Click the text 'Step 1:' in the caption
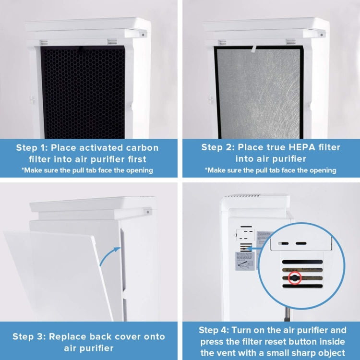32,147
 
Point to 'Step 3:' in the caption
28,336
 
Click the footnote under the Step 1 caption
87,170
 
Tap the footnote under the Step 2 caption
271,170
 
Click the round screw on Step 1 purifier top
143,34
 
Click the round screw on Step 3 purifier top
148,211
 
